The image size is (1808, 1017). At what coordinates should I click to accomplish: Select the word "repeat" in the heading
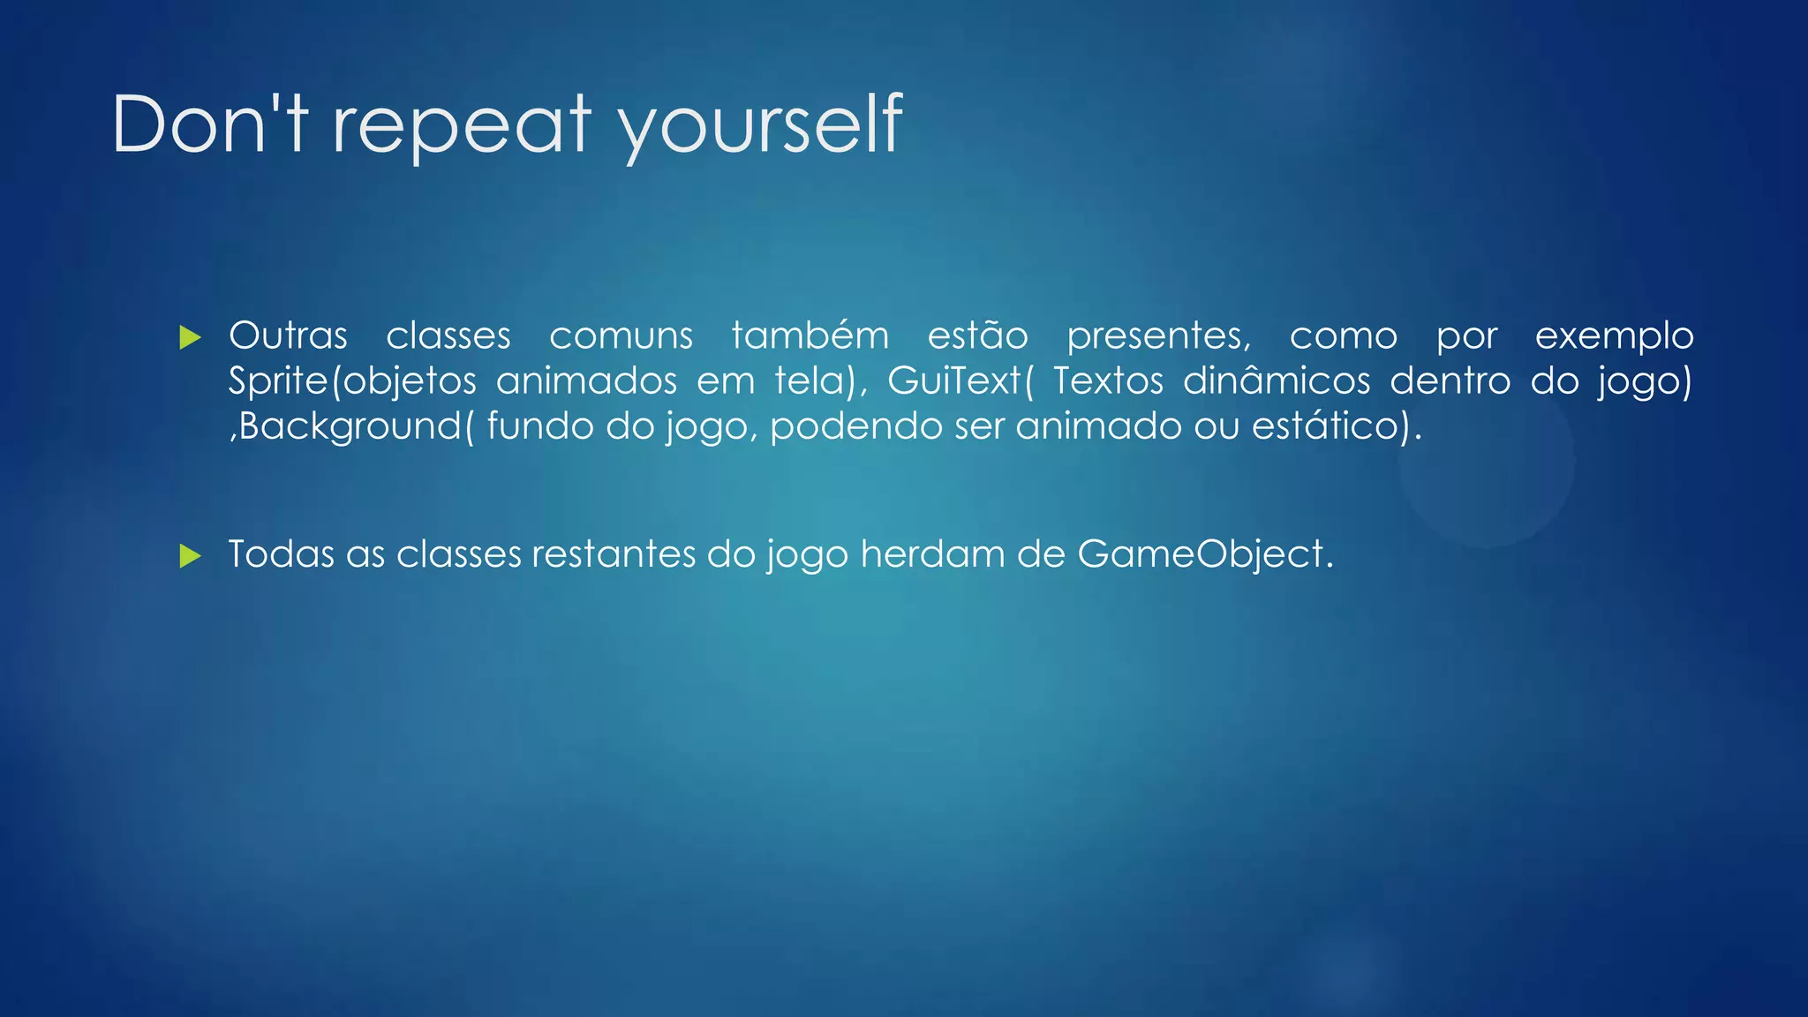click(461, 124)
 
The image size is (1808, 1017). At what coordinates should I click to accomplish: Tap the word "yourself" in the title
click(760, 124)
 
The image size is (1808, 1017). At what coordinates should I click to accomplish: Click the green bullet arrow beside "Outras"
click(190, 337)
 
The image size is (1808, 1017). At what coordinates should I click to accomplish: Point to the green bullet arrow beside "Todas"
click(190, 556)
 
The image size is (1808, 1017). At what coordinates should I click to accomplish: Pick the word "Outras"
click(288, 336)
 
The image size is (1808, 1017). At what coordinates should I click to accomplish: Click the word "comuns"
click(621, 336)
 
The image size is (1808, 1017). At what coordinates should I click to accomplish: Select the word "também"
click(810, 336)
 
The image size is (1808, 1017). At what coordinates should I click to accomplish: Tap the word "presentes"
click(1157, 336)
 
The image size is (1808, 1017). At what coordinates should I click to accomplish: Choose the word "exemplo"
click(1614, 336)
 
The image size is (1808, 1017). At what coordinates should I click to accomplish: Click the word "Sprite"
click(277, 381)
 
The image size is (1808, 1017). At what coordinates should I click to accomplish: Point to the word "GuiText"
click(953, 381)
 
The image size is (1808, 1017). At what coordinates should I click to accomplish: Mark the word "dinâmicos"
click(1277, 381)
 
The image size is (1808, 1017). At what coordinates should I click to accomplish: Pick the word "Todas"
click(281, 554)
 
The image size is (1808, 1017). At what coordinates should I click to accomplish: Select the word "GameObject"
click(1201, 554)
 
